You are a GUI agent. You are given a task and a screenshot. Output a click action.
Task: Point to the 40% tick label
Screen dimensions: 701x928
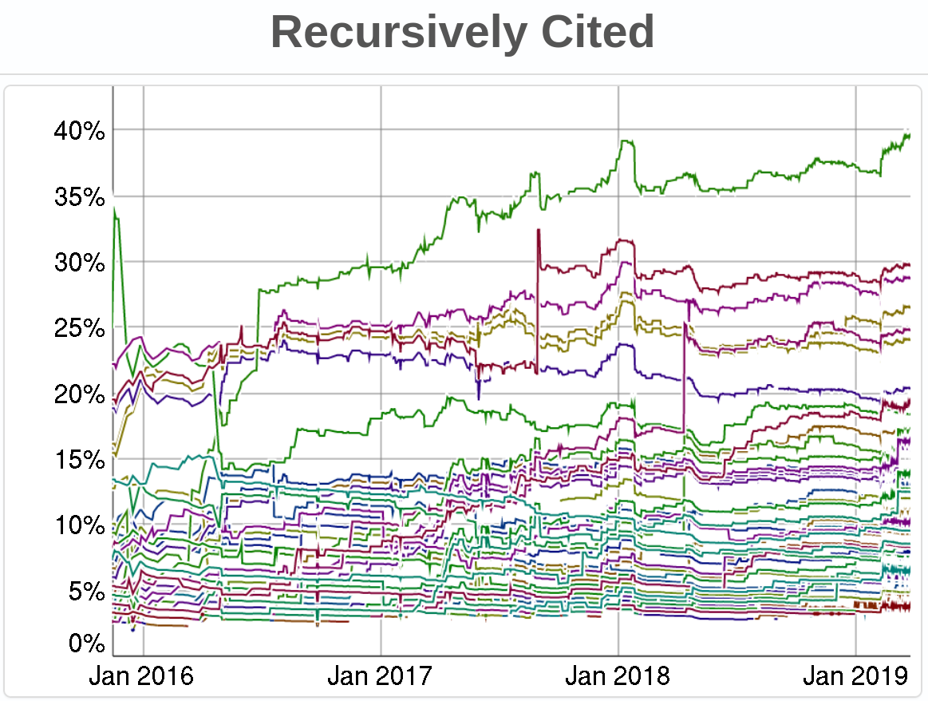pyautogui.click(x=80, y=131)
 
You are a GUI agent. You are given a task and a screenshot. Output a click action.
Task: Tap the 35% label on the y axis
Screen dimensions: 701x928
pyautogui.click(x=80, y=197)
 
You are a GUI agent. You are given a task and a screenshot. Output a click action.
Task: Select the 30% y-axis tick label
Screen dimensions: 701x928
pyautogui.click(x=80, y=263)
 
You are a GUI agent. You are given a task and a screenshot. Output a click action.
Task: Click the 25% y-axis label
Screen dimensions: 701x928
pyautogui.click(x=80, y=328)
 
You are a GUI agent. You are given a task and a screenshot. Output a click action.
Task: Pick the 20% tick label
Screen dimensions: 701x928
pyautogui.click(x=80, y=394)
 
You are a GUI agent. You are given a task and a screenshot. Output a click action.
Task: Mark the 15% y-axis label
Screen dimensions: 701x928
pyautogui.click(x=80, y=461)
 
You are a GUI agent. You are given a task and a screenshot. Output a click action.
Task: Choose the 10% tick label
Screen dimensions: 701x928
pyautogui.click(x=80, y=526)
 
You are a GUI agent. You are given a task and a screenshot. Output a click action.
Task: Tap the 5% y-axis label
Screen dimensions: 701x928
pyautogui.click(x=85, y=592)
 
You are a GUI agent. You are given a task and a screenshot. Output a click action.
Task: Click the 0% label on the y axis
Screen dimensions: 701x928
pyautogui.click(x=85, y=643)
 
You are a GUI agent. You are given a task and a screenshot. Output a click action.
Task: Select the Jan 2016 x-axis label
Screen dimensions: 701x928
pyautogui.click(x=141, y=676)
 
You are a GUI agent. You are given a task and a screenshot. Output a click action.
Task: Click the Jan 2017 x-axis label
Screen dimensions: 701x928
pyautogui.click(x=379, y=676)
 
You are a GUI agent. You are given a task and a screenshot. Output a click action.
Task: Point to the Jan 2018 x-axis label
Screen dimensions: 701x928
pyautogui.click(x=617, y=676)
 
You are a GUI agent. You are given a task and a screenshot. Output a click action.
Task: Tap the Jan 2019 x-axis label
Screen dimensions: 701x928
pyautogui.click(x=855, y=676)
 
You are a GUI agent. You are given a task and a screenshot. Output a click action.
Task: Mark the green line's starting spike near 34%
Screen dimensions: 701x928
pyautogui.click(x=116, y=209)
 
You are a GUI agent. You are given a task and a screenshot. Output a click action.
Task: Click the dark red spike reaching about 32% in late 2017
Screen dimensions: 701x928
pyautogui.click(x=539, y=230)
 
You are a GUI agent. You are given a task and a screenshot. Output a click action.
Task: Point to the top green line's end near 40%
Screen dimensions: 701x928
pyautogui.click(x=908, y=134)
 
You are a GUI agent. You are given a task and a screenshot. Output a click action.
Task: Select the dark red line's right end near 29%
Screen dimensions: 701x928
pyautogui.click(x=908, y=264)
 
